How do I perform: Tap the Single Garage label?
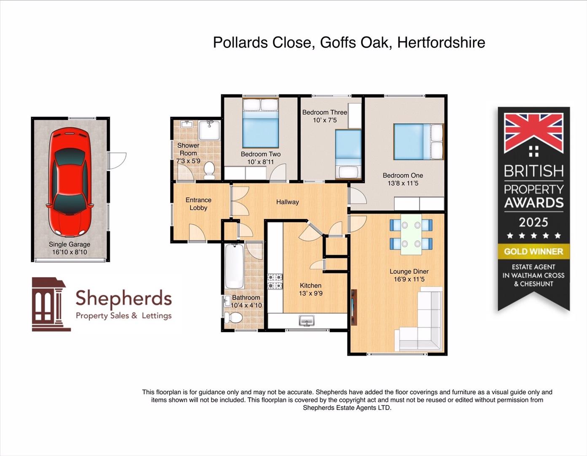pos(69,244)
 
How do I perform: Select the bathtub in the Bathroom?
pos(234,266)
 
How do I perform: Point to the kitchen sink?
pos(307,321)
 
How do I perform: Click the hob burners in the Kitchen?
pos(275,282)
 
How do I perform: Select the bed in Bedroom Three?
pos(348,155)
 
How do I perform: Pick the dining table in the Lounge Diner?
pos(411,234)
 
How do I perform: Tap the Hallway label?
pos(288,202)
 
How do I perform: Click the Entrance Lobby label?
pos(198,204)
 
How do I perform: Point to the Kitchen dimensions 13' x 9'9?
pos(311,293)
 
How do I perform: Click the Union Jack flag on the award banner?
pos(533,133)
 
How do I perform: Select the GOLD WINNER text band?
pos(533,252)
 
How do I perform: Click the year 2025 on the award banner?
pos(533,222)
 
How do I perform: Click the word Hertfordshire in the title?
pos(441,43)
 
